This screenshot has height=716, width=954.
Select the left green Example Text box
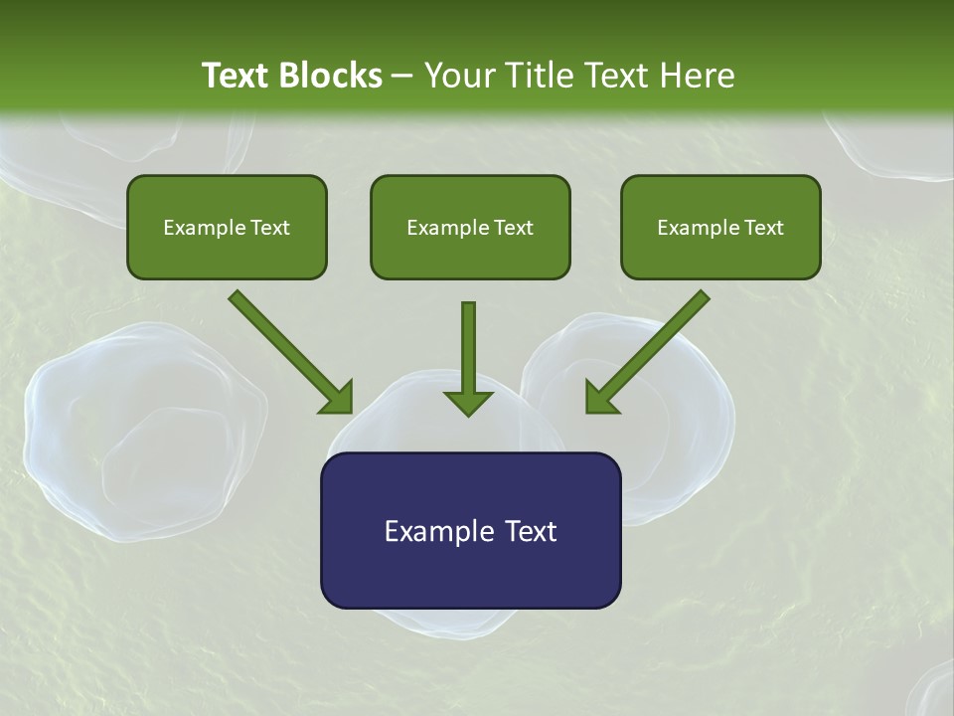coord(227,227)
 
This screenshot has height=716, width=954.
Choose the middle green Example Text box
coord(470,227)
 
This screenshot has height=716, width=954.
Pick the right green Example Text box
coord(720,227)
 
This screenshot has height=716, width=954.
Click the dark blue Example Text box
coord(470,530)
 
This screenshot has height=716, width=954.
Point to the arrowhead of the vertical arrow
coord(468,402)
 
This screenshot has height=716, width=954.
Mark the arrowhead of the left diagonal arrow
coord(338,398)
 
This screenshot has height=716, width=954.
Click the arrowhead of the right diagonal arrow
coord(600,398)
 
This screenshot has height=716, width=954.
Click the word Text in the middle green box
coord(514,228)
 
